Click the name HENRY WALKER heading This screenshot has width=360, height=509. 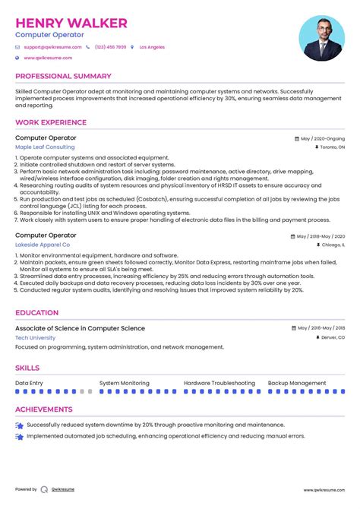coord(71,23)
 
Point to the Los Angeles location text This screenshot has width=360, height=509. coord(152,47)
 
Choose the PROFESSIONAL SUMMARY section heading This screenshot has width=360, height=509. coord(62,77)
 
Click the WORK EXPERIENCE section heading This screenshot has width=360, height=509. coord(51,122)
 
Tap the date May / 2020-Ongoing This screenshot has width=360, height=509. coord(322,139)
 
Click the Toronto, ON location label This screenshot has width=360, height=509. coord(332,147)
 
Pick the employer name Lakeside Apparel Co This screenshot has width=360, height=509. coord(43,245)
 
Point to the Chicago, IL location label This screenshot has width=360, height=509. coord(333,245)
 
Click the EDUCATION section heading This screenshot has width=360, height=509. coord(36,312)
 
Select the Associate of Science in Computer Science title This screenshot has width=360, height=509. coord(80,328)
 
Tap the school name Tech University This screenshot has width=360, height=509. coord(36,337)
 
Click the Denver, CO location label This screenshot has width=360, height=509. coord(333,337)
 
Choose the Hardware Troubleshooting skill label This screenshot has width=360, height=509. coord(219,383)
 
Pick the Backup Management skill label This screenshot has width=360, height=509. coord(297,383)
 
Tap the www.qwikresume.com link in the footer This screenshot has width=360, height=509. coord(325,490)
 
